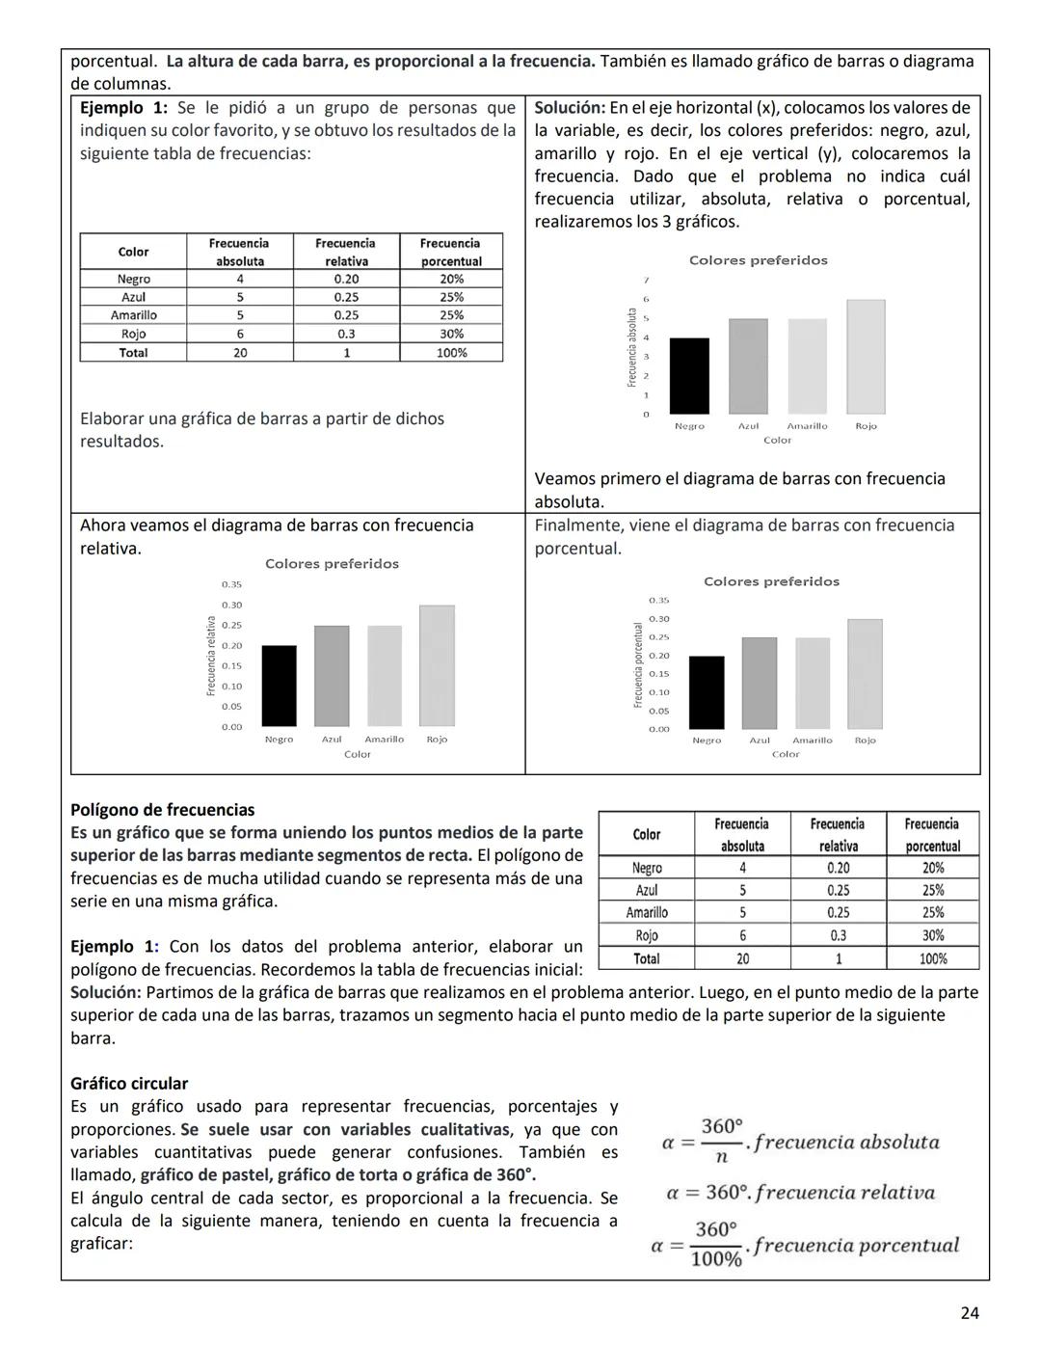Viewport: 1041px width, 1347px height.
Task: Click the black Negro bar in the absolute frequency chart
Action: [x=689, y=376]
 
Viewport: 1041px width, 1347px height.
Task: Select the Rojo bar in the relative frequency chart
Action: [x=437, y=665]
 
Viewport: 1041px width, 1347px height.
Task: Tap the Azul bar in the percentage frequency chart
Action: [x=760, y=683]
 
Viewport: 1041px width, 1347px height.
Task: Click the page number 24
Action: [x=970, y=1312]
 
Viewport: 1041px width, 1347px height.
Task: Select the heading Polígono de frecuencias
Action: [x=163, y=810]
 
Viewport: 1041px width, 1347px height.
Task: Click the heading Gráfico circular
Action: [x=129, y=1084]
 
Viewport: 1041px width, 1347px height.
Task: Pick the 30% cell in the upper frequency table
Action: [x=451, y=334]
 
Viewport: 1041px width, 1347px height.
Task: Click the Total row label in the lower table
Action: [x=646, y=958]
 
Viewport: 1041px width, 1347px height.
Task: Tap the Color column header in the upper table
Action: [x=133, y=252]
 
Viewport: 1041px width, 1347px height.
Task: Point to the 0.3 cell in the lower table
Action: [x=838, y=935]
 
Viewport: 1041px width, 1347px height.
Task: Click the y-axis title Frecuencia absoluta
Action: [x=632, y=347]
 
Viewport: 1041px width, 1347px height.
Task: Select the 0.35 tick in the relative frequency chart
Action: [x=231, y=584]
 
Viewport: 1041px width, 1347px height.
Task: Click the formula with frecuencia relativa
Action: [x=800, y=1193]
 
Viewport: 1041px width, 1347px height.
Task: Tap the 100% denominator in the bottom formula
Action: [x=716, y=1259]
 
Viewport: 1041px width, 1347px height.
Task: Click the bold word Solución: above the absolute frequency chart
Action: [x=570, y=108]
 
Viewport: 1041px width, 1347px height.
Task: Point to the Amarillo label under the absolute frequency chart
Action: [x=807, y=426]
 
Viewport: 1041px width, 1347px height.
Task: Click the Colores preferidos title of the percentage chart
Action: [x=771, y=581]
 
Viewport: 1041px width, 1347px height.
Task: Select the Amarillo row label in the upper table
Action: [x=133, y=315]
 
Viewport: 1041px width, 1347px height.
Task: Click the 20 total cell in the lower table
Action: [x=742, y=958]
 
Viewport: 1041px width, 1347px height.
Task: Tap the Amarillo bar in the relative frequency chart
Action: [x=385, y=676]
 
